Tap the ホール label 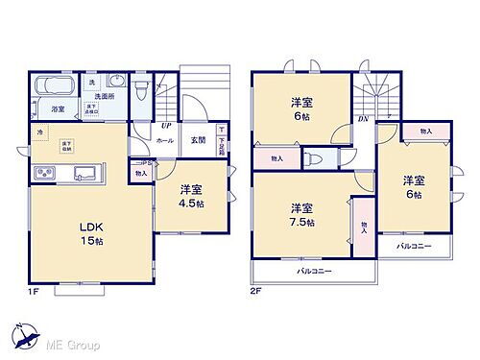[x=164, y=140]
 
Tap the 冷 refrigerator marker [x=40, y=132]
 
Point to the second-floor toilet [x=316, y=159]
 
